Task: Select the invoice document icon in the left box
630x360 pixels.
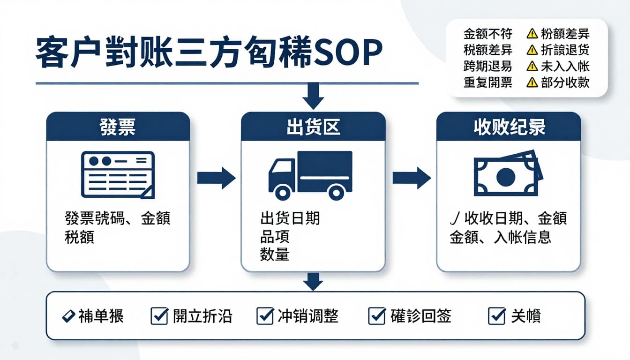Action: (118, 175)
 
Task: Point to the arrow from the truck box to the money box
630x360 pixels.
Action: (411, 178)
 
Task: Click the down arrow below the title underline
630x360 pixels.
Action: (313, 96)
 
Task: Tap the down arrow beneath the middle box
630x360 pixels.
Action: (313, 281)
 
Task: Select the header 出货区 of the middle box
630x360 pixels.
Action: (313, 127)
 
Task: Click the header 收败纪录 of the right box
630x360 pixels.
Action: (509, 127)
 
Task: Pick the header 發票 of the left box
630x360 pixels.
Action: (118, 127)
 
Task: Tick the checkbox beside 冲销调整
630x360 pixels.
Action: (265, 316)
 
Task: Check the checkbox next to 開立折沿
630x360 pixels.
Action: (159, 316)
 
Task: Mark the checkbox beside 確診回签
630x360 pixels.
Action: (377, 316)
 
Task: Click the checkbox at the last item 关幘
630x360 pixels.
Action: (496, 316)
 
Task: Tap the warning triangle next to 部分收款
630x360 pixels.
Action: (532, 82)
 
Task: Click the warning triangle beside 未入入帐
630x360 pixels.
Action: (532, 66)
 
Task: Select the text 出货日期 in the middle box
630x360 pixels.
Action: (290, 218)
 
